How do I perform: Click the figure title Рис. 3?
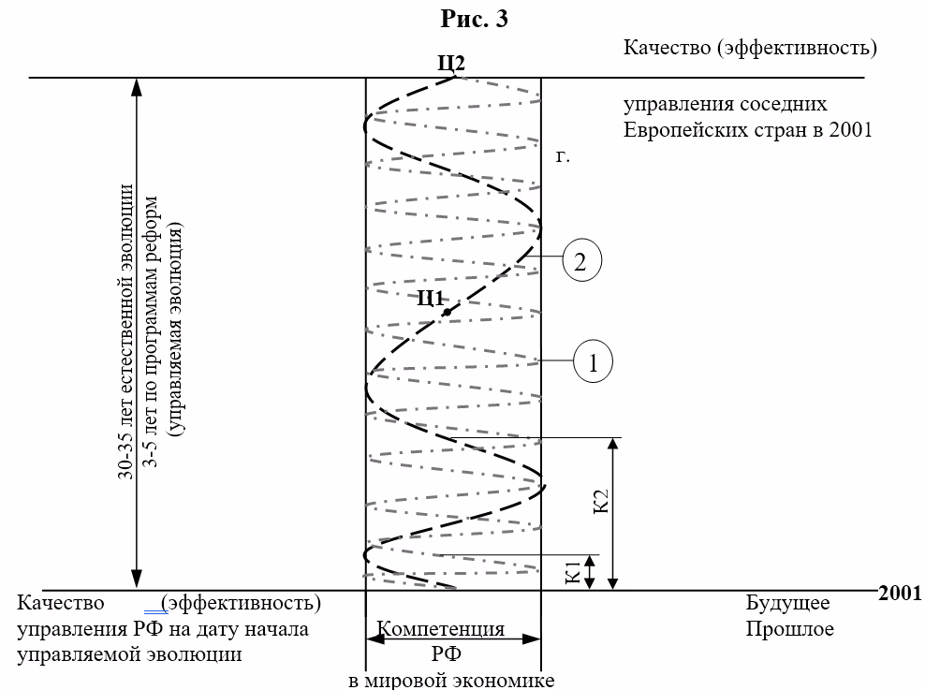tap(475, 19)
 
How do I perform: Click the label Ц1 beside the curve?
tap(430, 299)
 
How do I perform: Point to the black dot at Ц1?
tap(448, 312)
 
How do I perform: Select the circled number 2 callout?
tap(580, 261)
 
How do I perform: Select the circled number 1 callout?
tap(593, 362)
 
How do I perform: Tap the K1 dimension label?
tap(572, 571)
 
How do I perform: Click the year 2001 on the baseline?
tap(900, 592)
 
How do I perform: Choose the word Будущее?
tap(787, 602)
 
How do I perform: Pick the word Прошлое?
tap(789, 628)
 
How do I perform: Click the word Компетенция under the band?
tap(441, 629)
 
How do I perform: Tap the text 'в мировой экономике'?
tap(451, 680)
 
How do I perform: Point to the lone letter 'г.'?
tap(563, 157)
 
